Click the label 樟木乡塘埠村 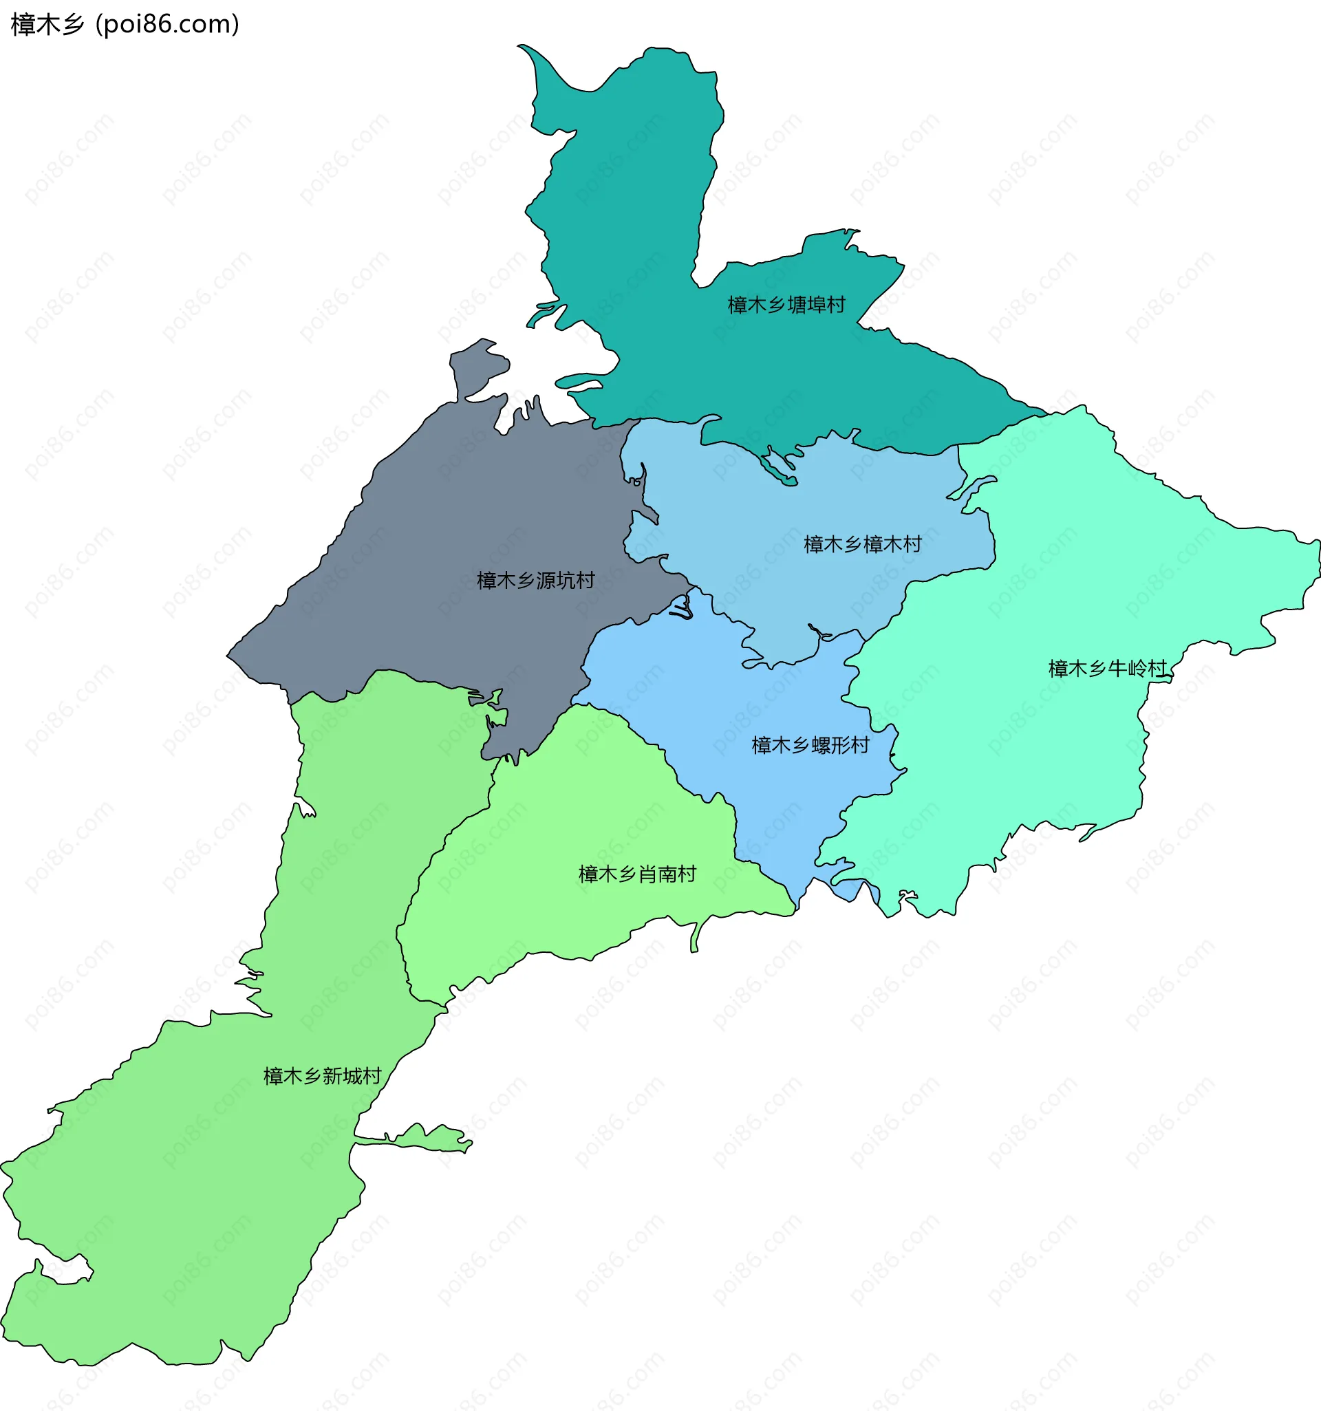[x=786, y=305]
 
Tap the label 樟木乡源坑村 [x=536, y=581]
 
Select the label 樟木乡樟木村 [x=863, y=544]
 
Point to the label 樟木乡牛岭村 [x=1108, y=668]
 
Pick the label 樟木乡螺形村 [x=810, y=745]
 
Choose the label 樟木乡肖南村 [x=637, y=874]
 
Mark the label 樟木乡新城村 [x=322, y=1076]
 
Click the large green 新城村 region [x=178, y=1207]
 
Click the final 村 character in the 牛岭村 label [x=1158, y=668]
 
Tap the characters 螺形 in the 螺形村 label [x=830, y=745]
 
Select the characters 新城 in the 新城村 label [x=342, y=1076]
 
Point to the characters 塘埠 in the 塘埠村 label [x=806, y=305]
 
